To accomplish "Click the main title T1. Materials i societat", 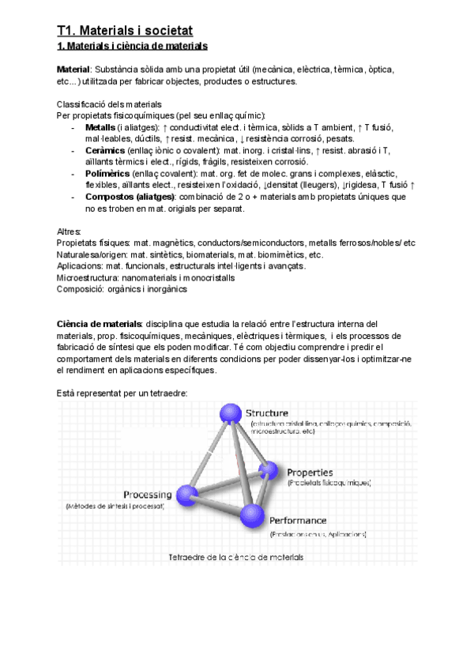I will (x=125, y=31).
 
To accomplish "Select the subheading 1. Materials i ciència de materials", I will (x=132, y=47).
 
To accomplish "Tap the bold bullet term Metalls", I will (x=100, y=127).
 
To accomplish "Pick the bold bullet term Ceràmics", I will (x=103, y=150).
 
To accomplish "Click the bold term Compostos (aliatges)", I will (x=130, y=196).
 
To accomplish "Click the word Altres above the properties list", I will (x=70, y=231).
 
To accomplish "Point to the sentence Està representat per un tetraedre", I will (x=122, y=393).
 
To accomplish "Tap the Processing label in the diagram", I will (x=146, y=495).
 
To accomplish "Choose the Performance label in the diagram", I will (x=298, y=521).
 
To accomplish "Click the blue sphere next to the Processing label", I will (x=188, y=495).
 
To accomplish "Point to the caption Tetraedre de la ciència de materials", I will (x=235, y=557).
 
